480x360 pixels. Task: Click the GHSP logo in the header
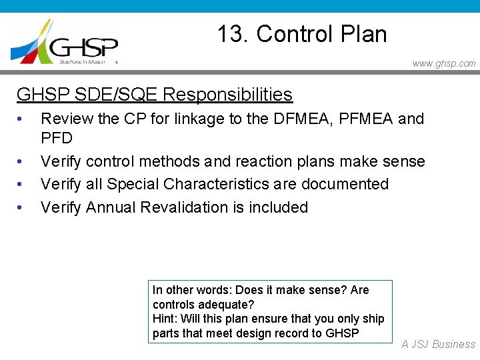[x=65, y=41]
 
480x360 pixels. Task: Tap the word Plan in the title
[x=363, y=34]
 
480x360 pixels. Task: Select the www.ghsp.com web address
[x=444, y=63]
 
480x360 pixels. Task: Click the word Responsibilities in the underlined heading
[x=227, y=95]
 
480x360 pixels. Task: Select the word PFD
[x=57, y=138]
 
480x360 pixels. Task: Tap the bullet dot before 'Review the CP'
[x=21, y=119]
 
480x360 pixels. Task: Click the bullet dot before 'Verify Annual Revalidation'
[x=21, y=207]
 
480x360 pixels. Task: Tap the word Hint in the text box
[x=163, y=319]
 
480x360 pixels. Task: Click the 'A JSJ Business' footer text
[x=438, y=345]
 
